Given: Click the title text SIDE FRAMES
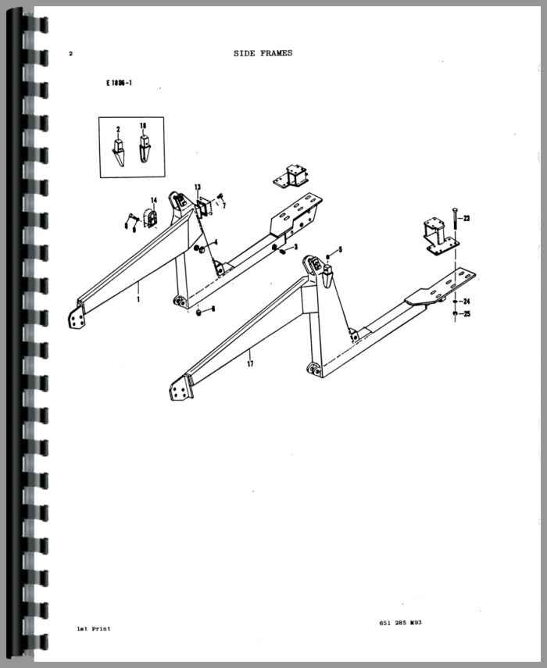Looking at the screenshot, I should click(263, 53).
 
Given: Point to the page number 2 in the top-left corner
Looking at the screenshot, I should click(70, 54).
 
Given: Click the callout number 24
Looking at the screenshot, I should click(466, 302).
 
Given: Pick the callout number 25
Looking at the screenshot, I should click(466, 314).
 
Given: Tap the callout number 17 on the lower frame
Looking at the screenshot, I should click(250, 363).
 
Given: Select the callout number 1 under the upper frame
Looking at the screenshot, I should click(138, 298).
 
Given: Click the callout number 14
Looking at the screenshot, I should click(154, 201).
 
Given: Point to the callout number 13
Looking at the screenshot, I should click(198, 187).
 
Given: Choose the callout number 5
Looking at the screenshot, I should click(340, 249).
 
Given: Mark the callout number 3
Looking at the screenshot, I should click(295, 246).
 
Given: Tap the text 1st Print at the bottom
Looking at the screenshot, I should click(94, 628).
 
